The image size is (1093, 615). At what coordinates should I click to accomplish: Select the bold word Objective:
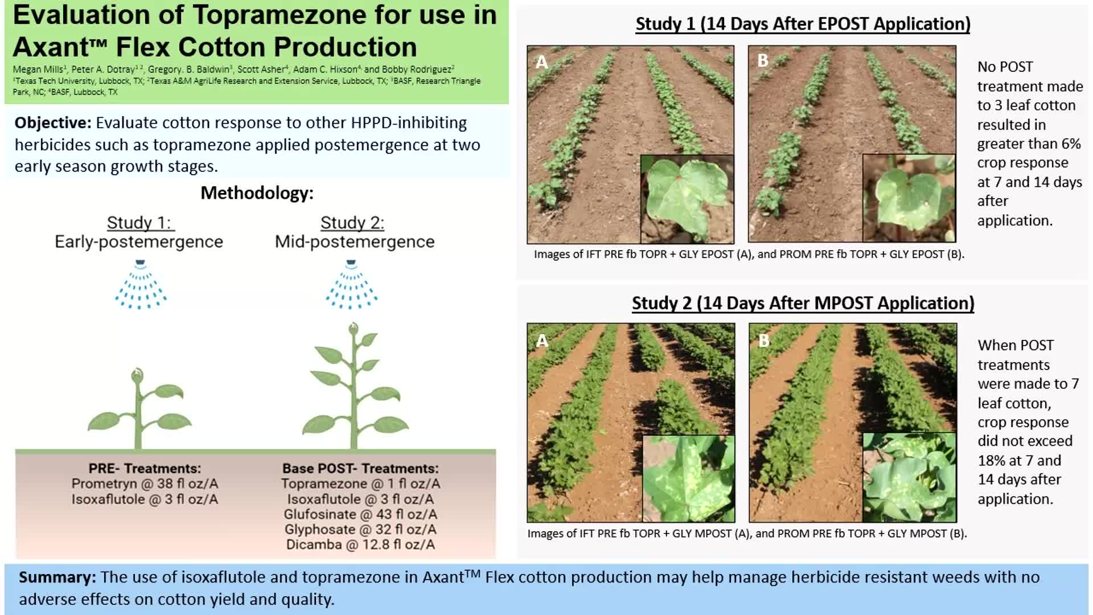[x=52, y=123]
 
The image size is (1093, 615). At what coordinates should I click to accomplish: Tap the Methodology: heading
[x=257, y=193]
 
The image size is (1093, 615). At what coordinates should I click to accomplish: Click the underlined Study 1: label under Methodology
[x=139, y=223]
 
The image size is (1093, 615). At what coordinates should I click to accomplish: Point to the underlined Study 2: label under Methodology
[x=352, y=223]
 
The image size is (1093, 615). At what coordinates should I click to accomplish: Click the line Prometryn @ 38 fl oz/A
[x=145, y=484]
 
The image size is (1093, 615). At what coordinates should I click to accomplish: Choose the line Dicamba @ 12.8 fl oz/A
[x=360, y=545]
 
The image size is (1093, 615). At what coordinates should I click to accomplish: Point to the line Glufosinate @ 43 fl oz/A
[x=360, y=514]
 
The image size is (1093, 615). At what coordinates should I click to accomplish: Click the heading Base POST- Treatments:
[x=360, y=469]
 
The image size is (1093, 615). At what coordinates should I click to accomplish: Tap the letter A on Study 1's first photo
[x=541, y=61]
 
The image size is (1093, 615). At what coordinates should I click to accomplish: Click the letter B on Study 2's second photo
[x=764, y=341]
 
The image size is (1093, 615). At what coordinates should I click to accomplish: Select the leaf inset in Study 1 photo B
[x=909, y=198]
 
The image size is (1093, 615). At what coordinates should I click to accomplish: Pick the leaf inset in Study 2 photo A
[x=688, y=478]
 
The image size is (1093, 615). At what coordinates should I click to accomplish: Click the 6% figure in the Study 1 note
[x=1071, y=143]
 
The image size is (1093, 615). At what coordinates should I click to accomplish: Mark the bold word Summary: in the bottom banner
[x=57, y=577]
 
